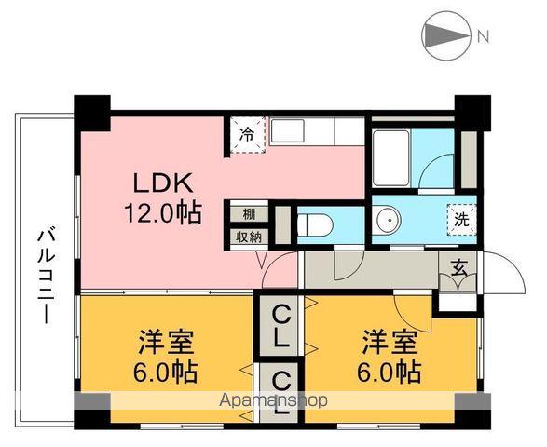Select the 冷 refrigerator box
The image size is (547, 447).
point(248,133)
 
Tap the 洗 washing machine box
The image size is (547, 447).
point(460,221)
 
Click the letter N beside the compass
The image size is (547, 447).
point(483,37)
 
